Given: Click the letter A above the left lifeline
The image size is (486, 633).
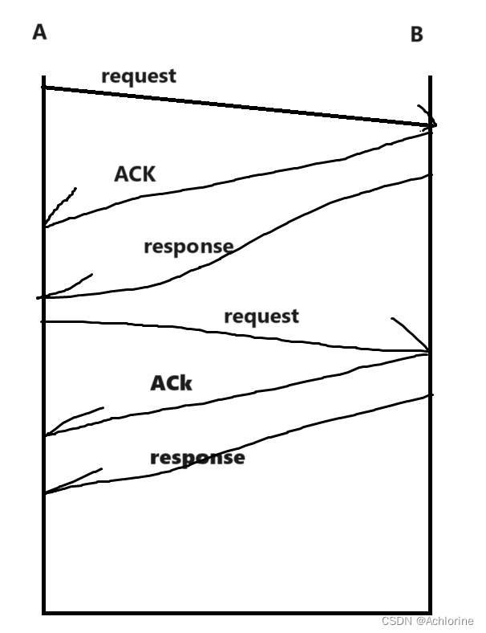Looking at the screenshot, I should pos(39,33).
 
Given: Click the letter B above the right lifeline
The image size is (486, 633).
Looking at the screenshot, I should pos(416,35).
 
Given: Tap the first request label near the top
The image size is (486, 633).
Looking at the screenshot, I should pos(139,77).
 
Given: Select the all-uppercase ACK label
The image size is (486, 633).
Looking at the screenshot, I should pos(135,174).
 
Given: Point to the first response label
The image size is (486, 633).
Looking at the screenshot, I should pos(188,247).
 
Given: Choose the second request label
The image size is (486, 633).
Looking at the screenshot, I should pos(261,316).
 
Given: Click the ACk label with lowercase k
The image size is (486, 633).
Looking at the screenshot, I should pos(172,383).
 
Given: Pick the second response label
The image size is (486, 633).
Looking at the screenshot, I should pos(197,458).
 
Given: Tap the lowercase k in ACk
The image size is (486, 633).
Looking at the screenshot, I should pos(185,384).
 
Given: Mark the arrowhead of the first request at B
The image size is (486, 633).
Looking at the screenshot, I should pos(431,123).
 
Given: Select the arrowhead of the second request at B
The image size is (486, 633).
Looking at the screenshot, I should pos(427,350).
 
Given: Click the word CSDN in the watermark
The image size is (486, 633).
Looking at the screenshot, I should pos(395,622).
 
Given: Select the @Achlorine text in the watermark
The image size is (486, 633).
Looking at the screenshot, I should pos(444,622).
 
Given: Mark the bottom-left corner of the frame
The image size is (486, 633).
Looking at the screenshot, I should pos(44,612).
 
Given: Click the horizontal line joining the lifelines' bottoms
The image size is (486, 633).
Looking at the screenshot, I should pos(237,612).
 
